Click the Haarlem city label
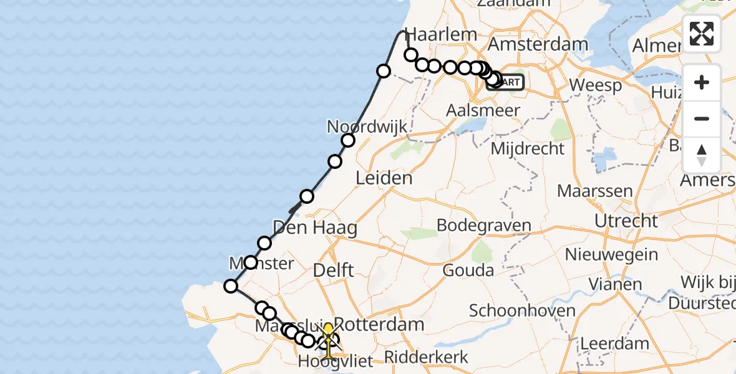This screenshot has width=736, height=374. (441, 34)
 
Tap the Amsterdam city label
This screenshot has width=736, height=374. (538, 45)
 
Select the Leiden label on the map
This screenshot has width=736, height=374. (384, 178)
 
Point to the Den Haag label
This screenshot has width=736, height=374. (315, 228)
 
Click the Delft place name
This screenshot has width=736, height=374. (333, 271)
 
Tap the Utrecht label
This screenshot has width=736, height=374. (626, 221)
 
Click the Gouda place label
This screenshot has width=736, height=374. (468, 271)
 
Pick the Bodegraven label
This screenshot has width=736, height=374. (484, 226)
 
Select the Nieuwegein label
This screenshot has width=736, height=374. (611, 254)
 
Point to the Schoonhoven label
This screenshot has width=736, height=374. (513, 310)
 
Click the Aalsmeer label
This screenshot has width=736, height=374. (475, 110)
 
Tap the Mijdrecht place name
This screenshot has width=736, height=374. (527, 149)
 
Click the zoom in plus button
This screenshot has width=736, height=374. (702, 82)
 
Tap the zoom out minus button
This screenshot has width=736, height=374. (702, 118)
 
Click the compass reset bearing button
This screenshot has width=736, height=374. (702, 155)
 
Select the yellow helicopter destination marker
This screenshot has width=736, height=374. (327, 337)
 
